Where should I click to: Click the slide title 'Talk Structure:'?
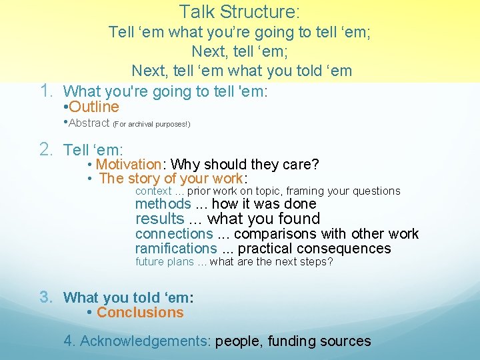tap(239, 11)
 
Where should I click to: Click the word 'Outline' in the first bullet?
tap(93, 107)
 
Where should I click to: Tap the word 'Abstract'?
tap(89, 123)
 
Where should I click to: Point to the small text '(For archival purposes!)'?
tap(151, 124)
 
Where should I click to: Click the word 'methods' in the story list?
tap(163, 204)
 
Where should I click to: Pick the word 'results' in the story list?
tap(159, 219)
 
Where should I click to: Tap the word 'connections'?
tap(173, 233)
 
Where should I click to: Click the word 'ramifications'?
tap(176, 248)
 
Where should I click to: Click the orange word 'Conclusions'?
tap(140, 312)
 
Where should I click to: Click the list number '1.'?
tap(47, 89)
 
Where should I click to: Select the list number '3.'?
tap(47, 296)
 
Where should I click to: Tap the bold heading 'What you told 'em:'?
tap(128, 297)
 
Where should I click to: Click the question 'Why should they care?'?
tap(245, 164)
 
